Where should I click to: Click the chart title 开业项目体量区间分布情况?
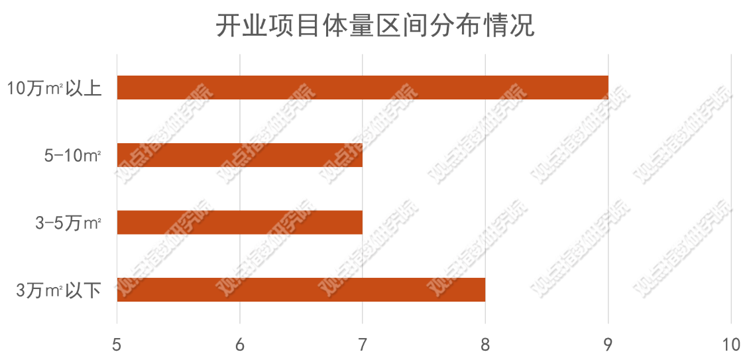click(x=375, y=26)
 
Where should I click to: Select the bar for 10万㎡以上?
click(x=363, y=88)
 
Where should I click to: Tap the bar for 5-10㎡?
click(x=239, y=154)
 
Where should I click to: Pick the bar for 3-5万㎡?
click(x=239, y=222)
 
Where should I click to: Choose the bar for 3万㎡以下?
click(x=301, y=290)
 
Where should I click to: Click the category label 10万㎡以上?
click(x=54, y=88)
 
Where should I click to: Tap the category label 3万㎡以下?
click(x=58, y=290)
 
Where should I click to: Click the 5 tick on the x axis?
click(x=117, y=345)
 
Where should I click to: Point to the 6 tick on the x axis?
click(x=239, y=345)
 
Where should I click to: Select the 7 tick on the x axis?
click(x=363, y=345)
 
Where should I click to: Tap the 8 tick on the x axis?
click(x=485, y=345)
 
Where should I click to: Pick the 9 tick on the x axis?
click(x=608, y=345)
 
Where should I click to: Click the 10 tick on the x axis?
click(x=730, y=345)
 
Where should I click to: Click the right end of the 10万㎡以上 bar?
click(x=607, y=88)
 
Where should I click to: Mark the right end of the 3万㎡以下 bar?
click(x=484, y=290)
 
